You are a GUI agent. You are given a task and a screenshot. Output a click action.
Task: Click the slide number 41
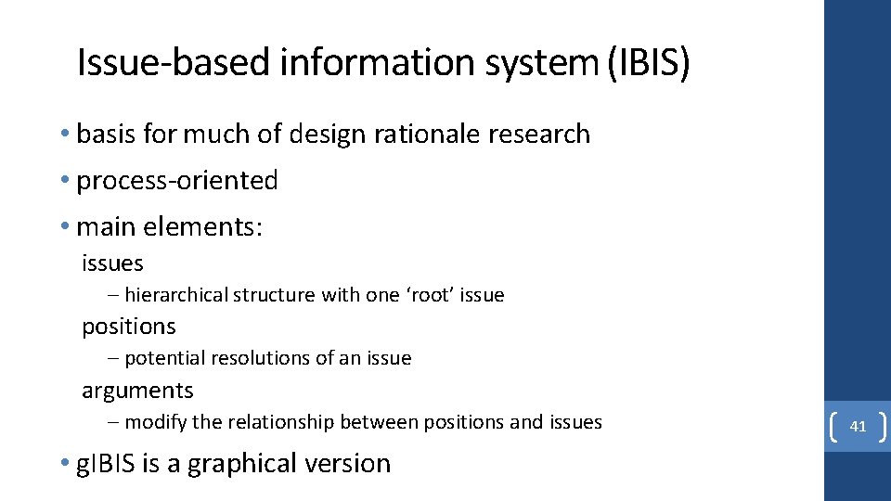click(858, 427)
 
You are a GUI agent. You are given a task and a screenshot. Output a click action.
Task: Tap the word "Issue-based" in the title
click(154, 62)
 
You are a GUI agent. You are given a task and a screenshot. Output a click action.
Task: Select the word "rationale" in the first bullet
click(426, 134)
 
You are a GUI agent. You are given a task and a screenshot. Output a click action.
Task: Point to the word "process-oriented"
click(176, 180)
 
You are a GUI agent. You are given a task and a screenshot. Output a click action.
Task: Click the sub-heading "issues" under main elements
click(112, 263)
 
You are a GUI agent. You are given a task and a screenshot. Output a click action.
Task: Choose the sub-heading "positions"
click(128, 327)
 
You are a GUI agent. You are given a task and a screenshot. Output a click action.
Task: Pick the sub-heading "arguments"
click(137, 391)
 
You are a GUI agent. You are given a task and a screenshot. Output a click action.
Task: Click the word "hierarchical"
click(175, 295)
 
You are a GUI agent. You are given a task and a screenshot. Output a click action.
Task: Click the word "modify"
click(155, 422)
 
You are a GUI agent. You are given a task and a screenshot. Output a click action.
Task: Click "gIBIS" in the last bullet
click(107, 463)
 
